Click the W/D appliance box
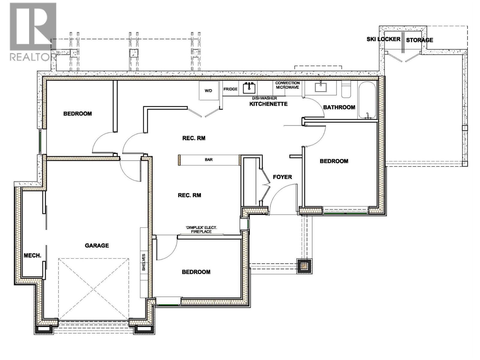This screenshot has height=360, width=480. tap(208, 90)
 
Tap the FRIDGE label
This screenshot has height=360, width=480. tap(230, 89)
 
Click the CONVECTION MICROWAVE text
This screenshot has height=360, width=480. tap(287, 85)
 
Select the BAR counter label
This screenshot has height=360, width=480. tap(209, 160)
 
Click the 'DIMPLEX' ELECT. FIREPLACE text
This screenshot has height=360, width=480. tap(201, 230)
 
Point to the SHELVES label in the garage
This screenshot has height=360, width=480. tap(144, 262)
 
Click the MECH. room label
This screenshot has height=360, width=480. tap(32, 255)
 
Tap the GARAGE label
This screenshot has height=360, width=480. tap(97, 245)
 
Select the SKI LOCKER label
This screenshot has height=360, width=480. tap(383, 39)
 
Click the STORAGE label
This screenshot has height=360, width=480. tap(419, 40)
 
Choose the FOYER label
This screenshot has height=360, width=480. tap(282, 177)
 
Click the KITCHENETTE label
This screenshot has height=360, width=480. tap(268, 104)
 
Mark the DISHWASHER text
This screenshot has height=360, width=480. tap(264, 98)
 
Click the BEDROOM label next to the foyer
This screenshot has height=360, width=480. tap(334, 161)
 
